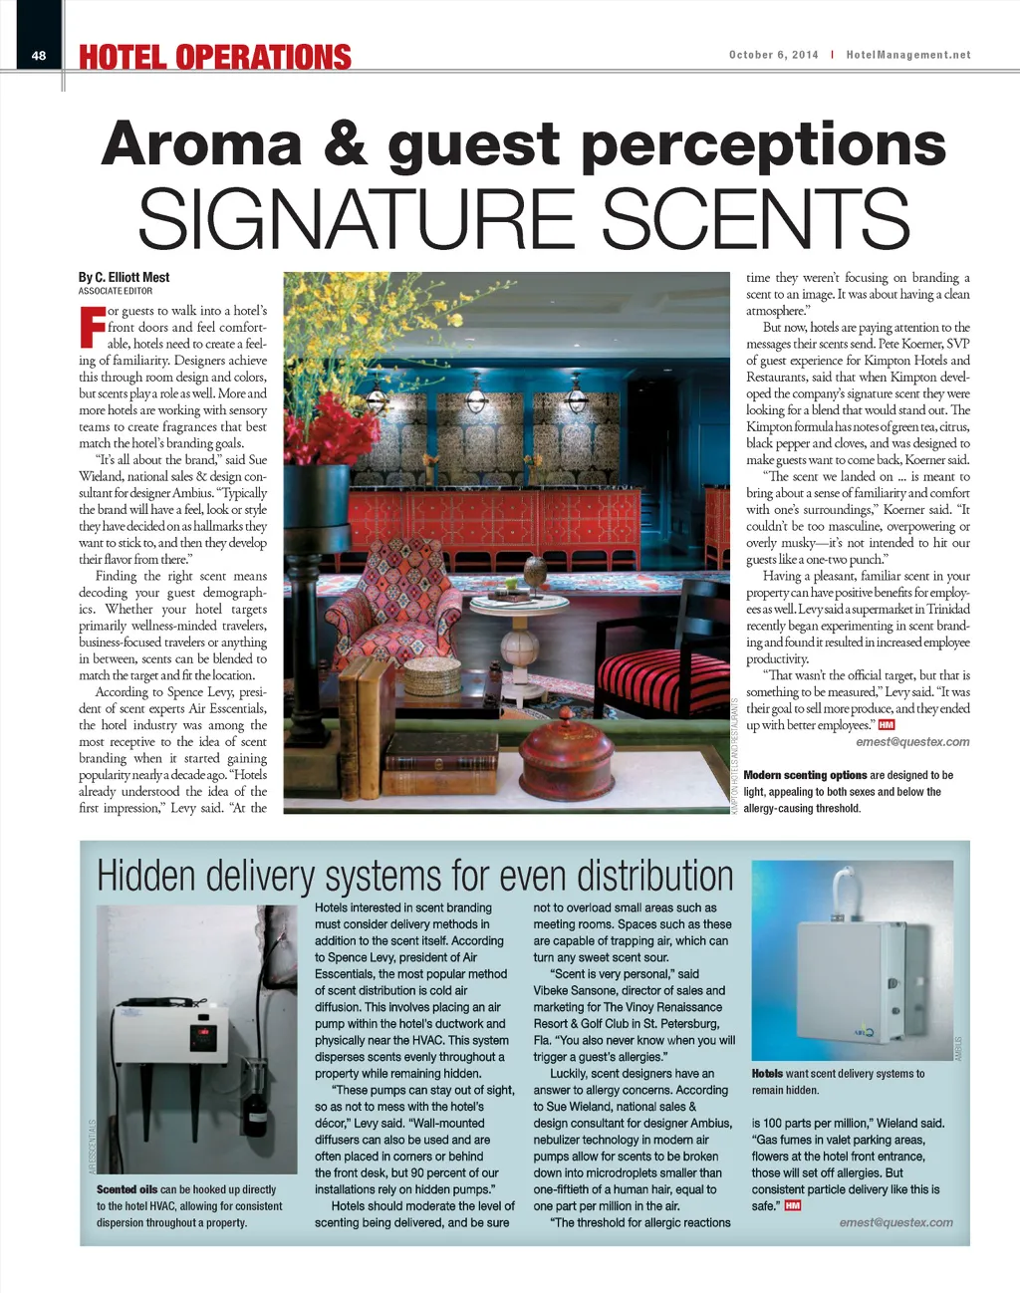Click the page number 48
pyautogui.click(x=39, y=56)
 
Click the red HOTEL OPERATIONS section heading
pyautogui.click(x=215, y=58)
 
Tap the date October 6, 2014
pyautogui.click(x=773, y=55)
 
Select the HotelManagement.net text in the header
pyautogui.click(x=907, y=55)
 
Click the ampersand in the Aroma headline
pyautogui.click(x=345, y=143)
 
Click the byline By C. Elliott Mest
pyautogui.click(x=124, y=277)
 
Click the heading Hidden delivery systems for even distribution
pyautogui.click(x=414, y=876)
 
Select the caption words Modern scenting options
pyautogui.click(x=805, y=775)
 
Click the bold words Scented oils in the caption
pyautogui.click(x=127, y=1189)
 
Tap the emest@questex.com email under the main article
pyautogui.click(x=912, y=741)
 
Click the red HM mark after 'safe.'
pyautogui.click(x=793, y=1205)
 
